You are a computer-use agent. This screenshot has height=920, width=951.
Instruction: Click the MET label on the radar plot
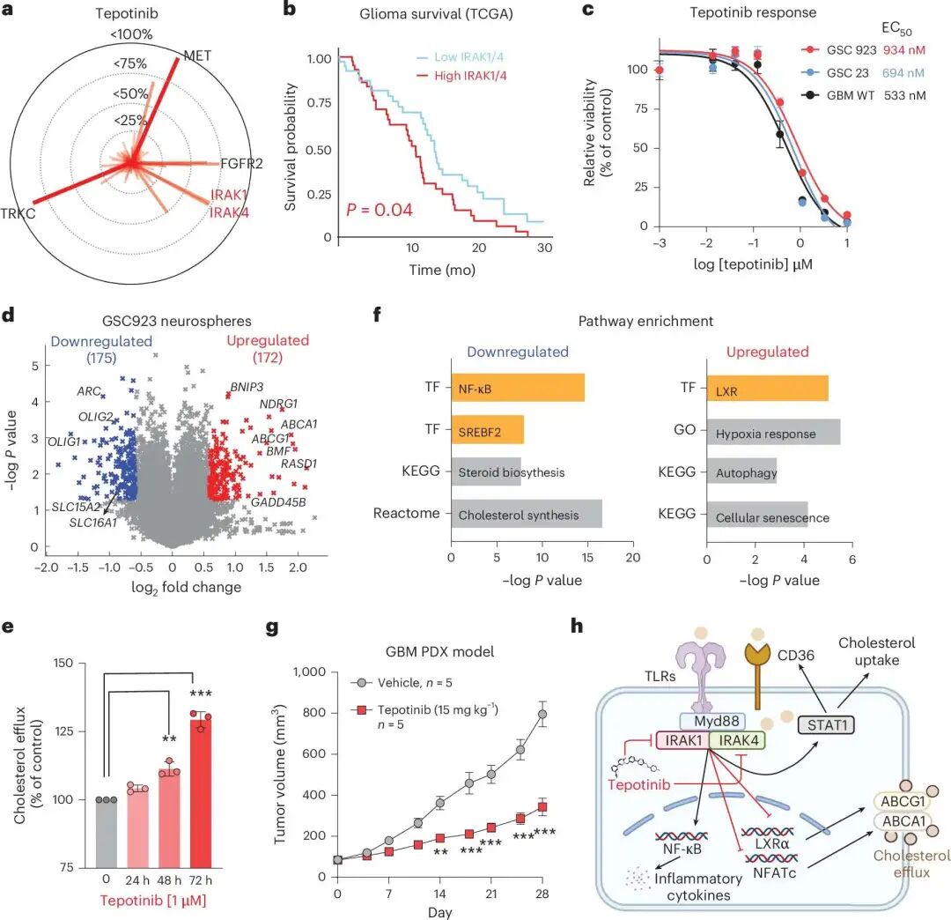tap(198, 56)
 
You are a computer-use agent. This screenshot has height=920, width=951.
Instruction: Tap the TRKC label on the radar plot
tap(18, 211)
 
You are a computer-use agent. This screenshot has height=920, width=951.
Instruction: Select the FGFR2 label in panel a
tap(248, 163)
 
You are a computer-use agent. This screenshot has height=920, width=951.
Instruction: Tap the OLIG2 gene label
tap(92, 416)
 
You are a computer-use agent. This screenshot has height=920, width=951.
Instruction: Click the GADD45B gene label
tap(278, 502)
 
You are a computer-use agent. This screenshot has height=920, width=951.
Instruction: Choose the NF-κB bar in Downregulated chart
tap(517, 388)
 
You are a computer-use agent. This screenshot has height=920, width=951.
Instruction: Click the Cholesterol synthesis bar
tap(526, 515)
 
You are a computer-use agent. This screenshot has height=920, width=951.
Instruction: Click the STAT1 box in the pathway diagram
tap(825, 725)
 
